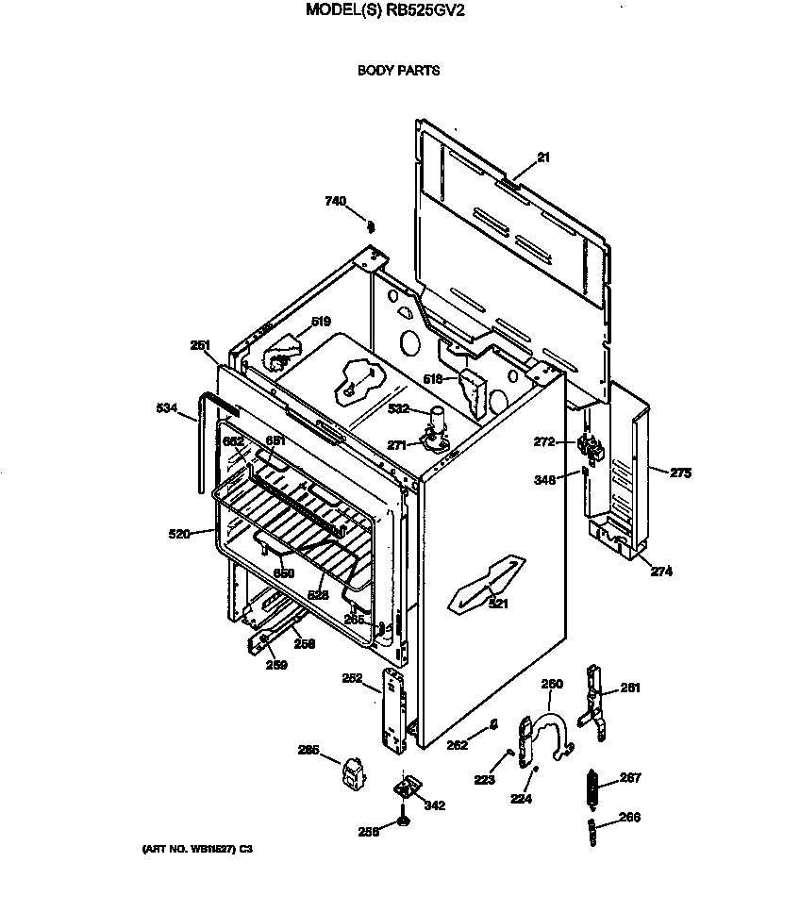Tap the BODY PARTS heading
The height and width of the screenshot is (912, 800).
tap(398, 70)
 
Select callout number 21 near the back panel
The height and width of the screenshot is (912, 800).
tap(542, 158)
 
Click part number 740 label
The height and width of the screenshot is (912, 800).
tap(335, 201)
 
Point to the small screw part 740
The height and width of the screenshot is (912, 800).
tap(371, 225)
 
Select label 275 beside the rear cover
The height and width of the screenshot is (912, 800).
tap(680, 473)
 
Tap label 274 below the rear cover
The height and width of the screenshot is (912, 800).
tap(661, 571)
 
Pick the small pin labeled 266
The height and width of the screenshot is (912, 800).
tap(592, 832)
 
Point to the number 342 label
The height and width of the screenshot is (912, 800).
tap(434, 805)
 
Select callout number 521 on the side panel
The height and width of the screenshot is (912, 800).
tap(497, 604)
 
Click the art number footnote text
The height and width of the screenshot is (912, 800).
tap(197, 849)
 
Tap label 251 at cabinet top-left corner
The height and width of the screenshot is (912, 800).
tap(200, 345)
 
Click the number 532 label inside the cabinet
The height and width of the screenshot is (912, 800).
tap(399, 408)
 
